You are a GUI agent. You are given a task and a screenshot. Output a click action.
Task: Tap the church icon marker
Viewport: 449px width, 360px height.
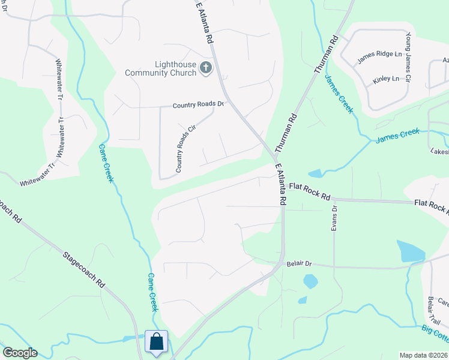[206, 67]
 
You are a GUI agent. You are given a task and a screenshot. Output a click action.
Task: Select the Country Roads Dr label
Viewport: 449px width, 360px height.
[197, 105]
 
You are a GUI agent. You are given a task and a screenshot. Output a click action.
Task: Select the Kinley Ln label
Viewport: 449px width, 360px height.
[385, 79]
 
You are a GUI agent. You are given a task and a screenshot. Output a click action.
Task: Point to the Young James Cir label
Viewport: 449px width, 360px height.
[408, 58]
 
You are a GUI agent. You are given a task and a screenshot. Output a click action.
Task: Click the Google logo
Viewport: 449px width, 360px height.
[20, 353]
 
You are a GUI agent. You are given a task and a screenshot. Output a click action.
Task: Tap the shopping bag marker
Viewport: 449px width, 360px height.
[157, 342]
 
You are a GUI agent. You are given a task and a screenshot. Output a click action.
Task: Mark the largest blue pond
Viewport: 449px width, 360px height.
[411, 251]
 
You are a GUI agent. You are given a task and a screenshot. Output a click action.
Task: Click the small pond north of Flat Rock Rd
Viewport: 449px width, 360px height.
[315, 173]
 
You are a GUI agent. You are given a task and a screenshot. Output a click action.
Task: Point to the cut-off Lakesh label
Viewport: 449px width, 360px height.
[439, 152]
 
